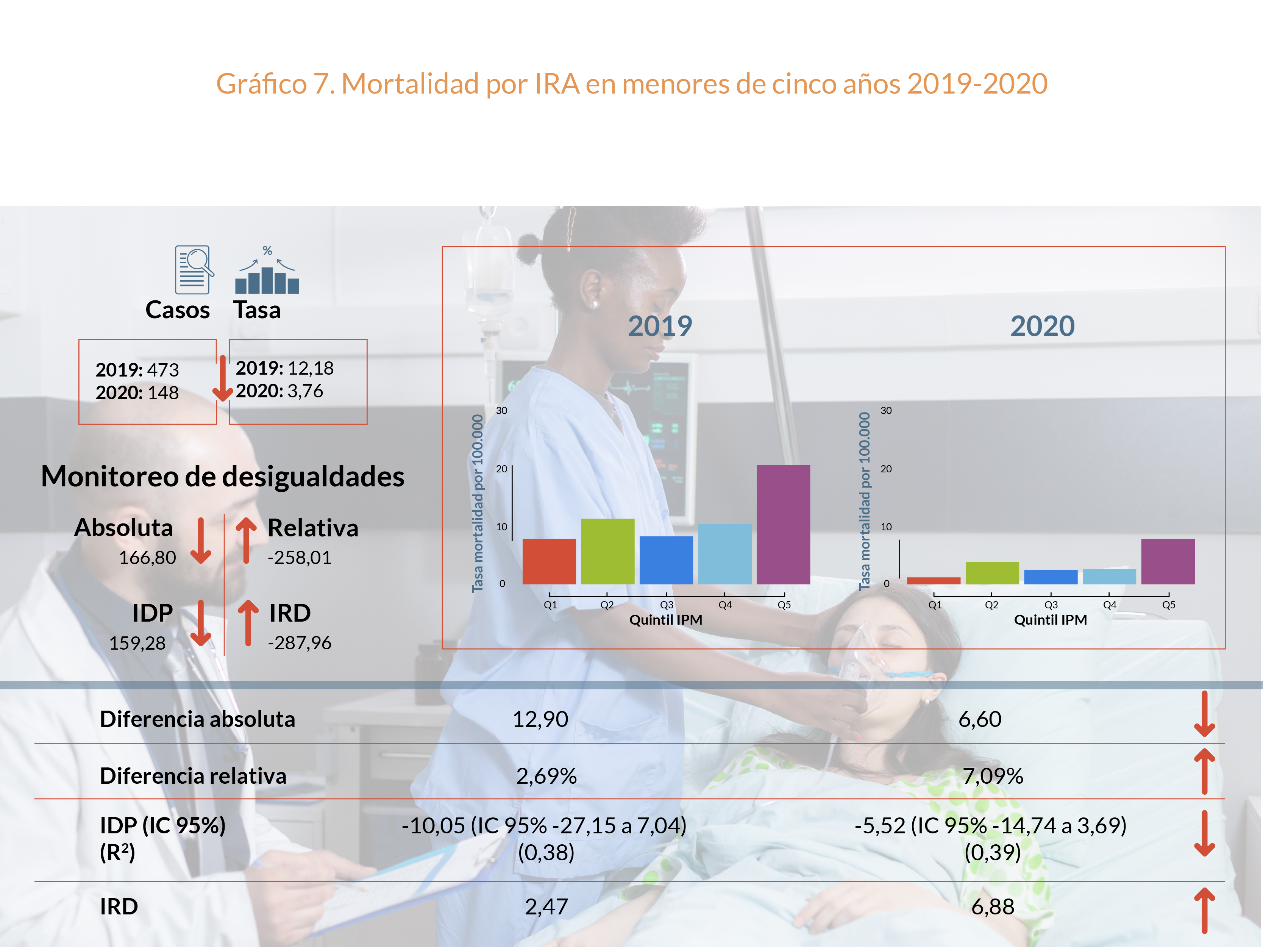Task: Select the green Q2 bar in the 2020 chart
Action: click(x=992, y=573)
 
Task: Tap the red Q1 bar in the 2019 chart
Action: click(x=549, y=561)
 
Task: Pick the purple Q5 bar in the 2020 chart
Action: click(x=1168, y=561)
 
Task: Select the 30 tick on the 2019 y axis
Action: click(x=501, y=411)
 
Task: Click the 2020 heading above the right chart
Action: click(x=1042, y=326)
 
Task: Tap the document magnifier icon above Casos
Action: click(x=194, y=270)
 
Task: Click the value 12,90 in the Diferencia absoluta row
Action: click(x=540, y=719)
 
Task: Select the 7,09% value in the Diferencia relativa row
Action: click(x=992, y=776)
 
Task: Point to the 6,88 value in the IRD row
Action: click(x=992, y=906)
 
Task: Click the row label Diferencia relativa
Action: click(x=193, y=776)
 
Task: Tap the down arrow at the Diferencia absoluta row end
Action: click(x=1204, y=714)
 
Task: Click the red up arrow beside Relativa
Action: click(x=246, y=540)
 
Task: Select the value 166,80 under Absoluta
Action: click(x=147, y=558)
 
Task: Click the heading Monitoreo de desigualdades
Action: click(x=223, y=477)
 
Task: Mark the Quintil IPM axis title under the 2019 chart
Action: click(x=666, y=620)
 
